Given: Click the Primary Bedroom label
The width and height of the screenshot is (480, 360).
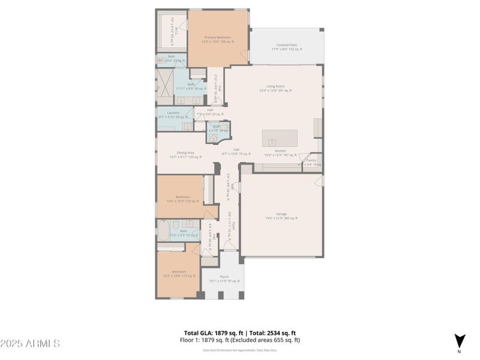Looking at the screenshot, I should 217,40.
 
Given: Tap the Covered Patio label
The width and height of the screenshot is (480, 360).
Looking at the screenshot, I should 287,47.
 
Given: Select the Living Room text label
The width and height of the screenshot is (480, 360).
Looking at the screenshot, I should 275,88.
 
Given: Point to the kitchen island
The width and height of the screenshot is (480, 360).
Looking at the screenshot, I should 280,138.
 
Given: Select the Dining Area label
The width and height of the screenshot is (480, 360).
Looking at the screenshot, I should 185,154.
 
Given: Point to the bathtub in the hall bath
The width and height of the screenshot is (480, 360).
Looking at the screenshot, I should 164,230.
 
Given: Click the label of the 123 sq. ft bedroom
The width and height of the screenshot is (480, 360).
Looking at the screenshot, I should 182,199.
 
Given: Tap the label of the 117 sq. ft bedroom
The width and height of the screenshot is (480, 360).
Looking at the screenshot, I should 179,274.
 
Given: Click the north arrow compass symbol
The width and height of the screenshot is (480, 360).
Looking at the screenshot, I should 459,340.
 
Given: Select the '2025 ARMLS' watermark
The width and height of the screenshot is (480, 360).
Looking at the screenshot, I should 30,344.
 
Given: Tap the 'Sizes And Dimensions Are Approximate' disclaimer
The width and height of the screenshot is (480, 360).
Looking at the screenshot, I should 239,350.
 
